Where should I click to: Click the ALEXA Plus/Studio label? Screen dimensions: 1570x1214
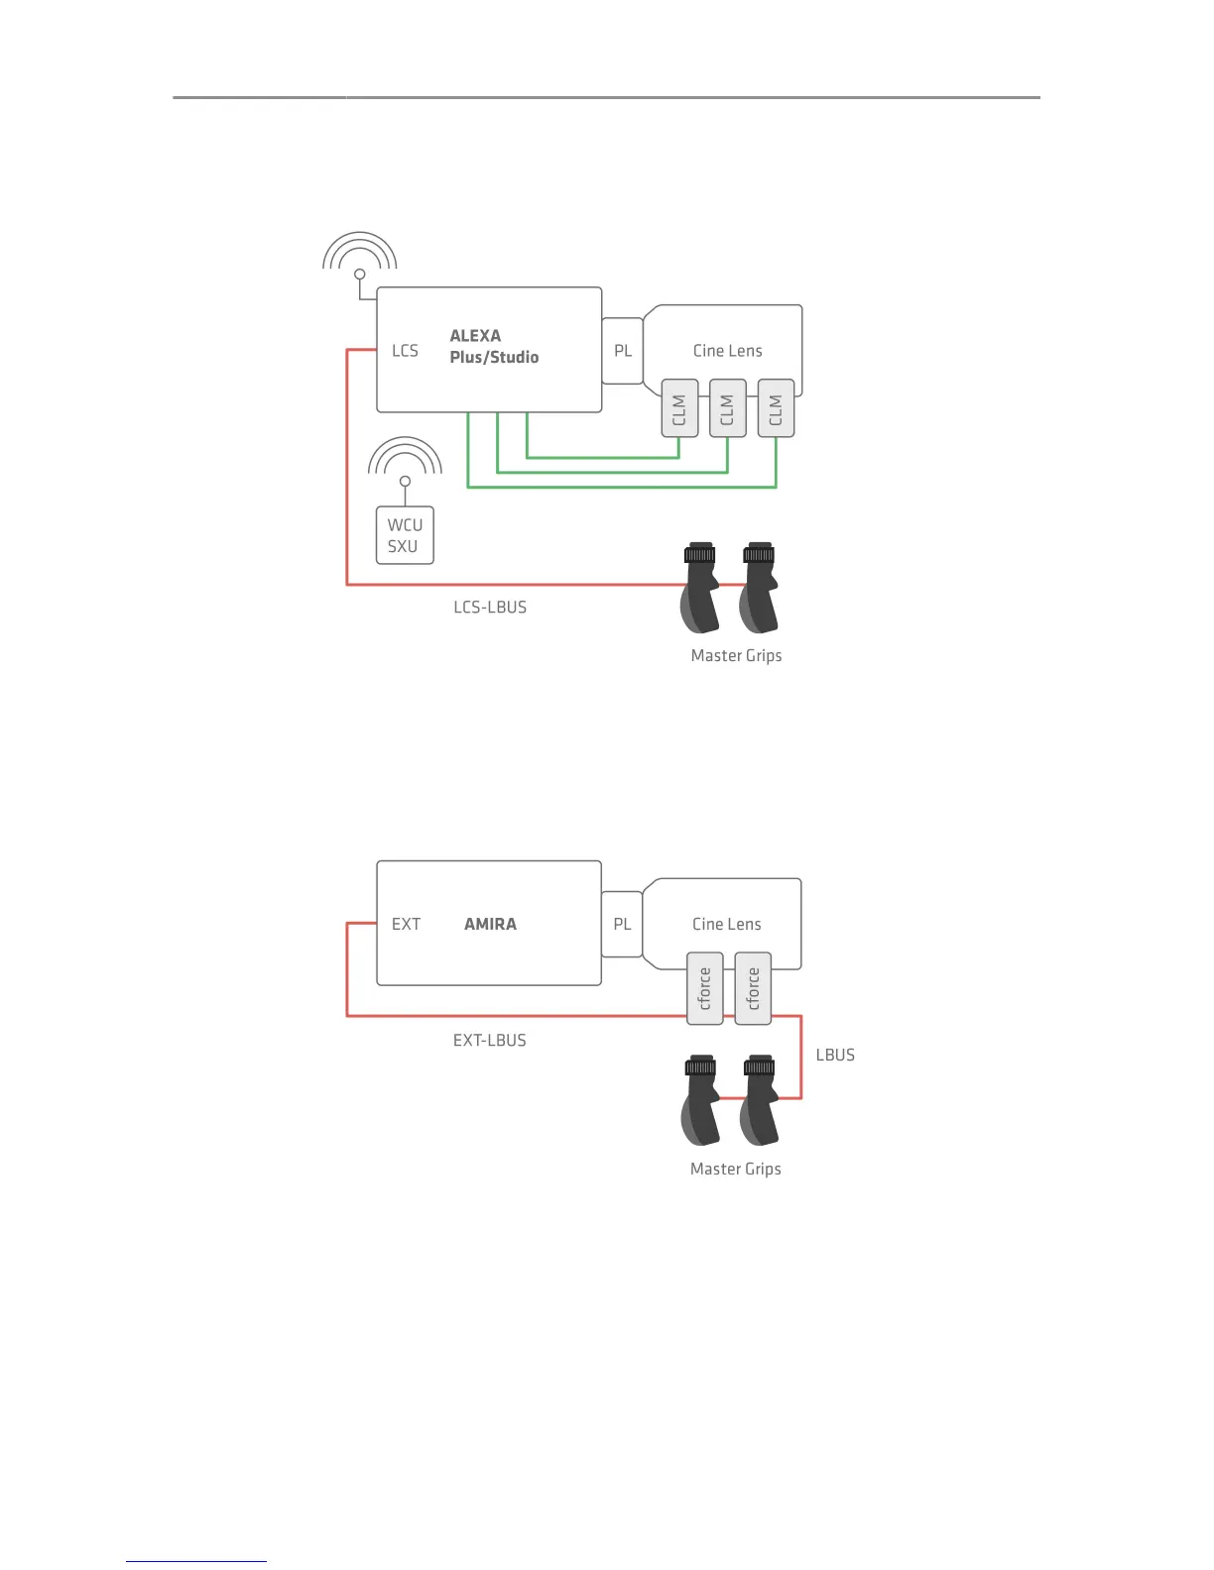494,347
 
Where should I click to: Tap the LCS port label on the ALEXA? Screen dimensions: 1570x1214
405,351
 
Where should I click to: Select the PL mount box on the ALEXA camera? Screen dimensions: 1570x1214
623,351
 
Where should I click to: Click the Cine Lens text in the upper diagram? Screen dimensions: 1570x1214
727,351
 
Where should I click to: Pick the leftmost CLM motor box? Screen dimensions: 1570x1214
679,408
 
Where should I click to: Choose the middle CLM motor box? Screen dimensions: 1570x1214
727,408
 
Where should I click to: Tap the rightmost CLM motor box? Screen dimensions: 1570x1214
776,408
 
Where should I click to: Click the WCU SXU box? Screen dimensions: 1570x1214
405,535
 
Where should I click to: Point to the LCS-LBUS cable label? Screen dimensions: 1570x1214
490,608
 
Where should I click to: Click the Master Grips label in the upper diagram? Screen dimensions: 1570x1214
736,656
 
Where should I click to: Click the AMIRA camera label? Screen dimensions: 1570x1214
490,924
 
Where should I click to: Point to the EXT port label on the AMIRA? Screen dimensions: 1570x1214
406,924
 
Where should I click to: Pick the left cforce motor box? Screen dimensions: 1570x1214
705,988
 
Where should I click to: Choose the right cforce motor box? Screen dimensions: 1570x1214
753,988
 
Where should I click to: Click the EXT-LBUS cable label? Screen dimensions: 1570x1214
490,1041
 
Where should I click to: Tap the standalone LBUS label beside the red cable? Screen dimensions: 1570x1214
835,1056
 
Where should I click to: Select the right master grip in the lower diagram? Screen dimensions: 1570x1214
760,1100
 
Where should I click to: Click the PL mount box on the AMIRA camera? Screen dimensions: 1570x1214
622,924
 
